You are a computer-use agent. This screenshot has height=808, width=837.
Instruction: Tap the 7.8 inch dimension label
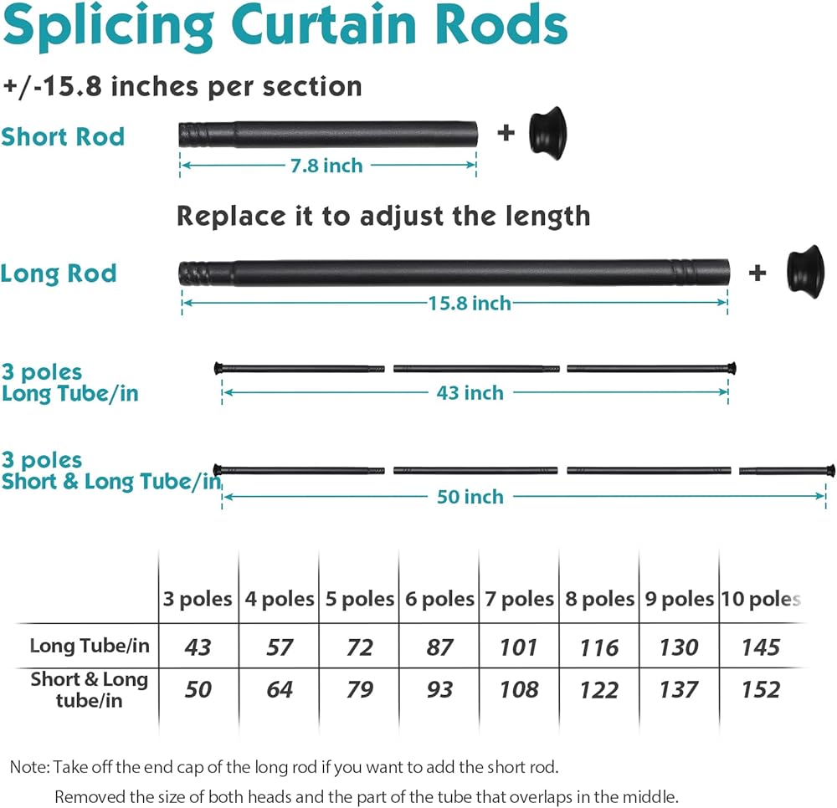[326, 166]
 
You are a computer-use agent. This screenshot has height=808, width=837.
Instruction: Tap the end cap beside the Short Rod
[549, 130]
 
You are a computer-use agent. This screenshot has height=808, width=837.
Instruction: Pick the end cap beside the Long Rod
[804, 268]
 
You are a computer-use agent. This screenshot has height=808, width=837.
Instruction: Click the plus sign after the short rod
[506, 132]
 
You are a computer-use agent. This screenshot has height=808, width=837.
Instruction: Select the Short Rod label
[63, 136]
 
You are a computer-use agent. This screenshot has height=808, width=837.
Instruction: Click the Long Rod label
[59, 274]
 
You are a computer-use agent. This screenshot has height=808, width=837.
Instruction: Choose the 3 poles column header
[198, 599]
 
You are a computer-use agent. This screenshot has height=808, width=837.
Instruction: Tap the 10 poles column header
[761, 599]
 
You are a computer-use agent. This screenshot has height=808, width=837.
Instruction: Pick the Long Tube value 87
[439, 647]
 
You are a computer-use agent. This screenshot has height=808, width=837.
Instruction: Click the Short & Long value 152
[760, 690]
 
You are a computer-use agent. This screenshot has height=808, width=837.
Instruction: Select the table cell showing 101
[519, 647]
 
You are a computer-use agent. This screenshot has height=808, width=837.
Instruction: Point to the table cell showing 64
[279, 690]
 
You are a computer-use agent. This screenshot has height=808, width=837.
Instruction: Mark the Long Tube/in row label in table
[90, 646]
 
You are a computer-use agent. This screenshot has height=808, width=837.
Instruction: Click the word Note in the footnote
[28, 766]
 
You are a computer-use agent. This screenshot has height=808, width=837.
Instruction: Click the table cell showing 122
[598, 690]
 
